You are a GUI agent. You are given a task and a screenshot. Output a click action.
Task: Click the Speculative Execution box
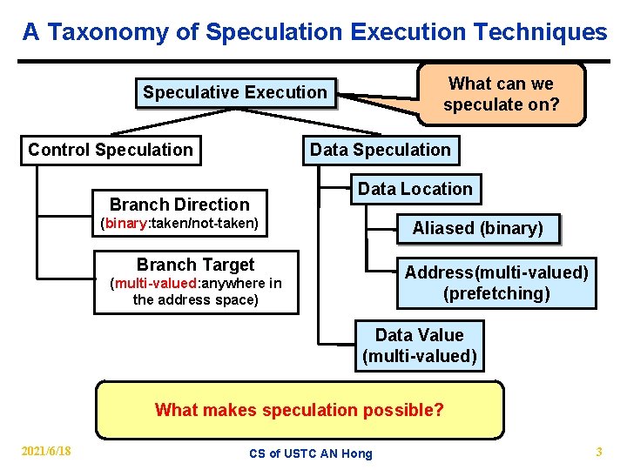(x=234, y=92)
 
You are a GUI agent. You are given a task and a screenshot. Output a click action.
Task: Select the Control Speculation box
(x=111, y=150)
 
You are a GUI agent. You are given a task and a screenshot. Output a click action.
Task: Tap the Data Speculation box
(x=381, y=150)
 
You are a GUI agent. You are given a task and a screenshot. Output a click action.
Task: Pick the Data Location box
(x=415, y=189)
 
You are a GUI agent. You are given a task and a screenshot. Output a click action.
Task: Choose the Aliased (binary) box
(x=477, y=228)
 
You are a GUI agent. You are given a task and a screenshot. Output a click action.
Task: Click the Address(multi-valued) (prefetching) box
(x=496, y=283)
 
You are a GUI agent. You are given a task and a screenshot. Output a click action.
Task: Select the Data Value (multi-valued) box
(x=419, y=346)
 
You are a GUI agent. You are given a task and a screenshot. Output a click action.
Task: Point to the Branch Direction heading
(x=179, y=205)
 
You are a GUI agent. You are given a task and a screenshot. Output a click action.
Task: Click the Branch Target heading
(x=195, y=265)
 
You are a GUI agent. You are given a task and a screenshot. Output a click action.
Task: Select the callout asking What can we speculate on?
(x=501, y=94)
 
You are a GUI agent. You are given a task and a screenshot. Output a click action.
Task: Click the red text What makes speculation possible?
(x=299, y=410)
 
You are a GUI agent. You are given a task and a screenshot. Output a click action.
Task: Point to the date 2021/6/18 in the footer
(x=47, y=451)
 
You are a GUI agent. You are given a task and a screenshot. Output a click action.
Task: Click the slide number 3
(x=598, y=451)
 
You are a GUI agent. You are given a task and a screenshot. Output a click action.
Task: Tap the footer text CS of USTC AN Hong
(x=310, y=453)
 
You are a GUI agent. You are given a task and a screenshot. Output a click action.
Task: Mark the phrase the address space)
(x=195, y=300)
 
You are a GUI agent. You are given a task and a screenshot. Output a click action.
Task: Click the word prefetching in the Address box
(x=496, y=293)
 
